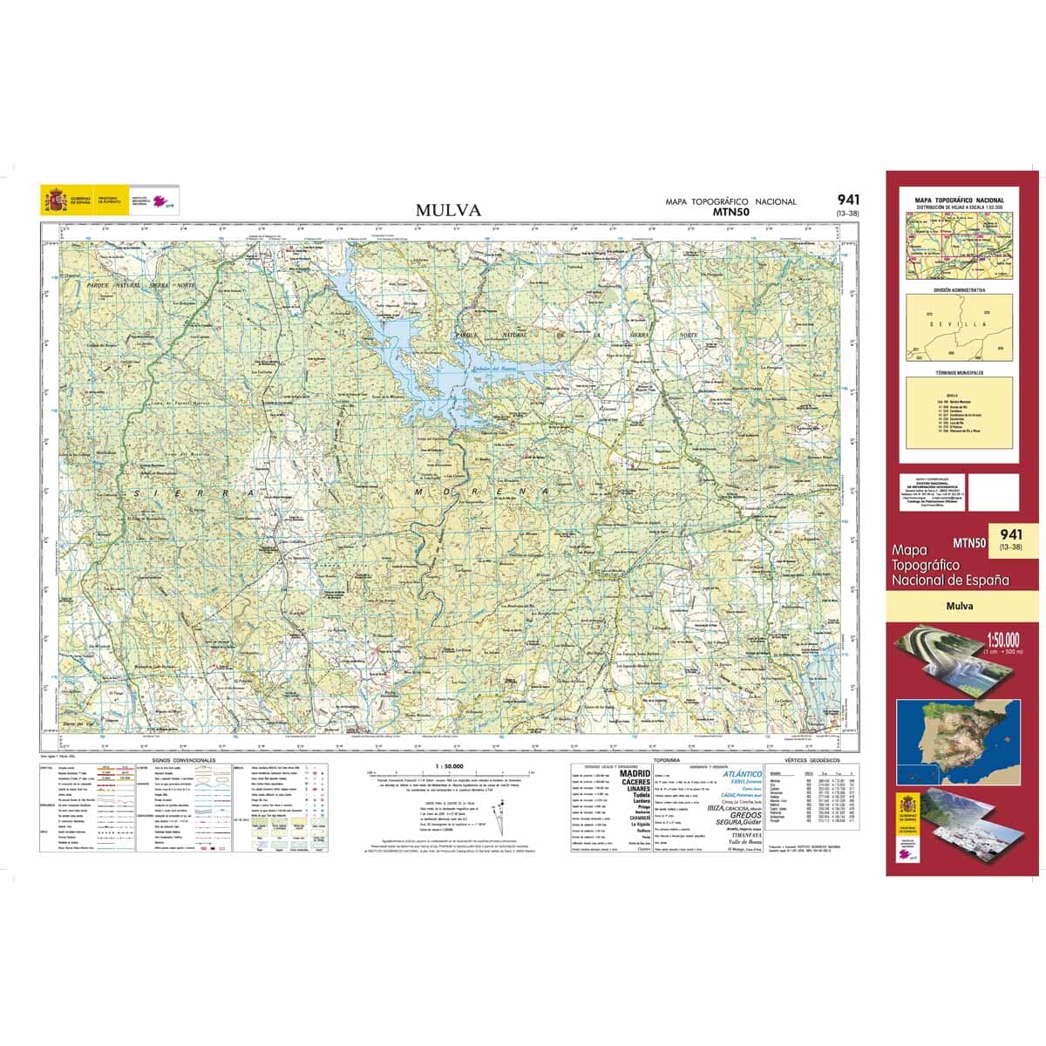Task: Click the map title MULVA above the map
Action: (448, 210)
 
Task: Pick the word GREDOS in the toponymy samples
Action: (745, 815)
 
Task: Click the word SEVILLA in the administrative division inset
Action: (959, 323)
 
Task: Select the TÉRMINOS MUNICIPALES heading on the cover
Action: (959, 372)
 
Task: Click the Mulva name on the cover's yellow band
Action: (962, 606)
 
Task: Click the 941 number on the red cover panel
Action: (1011, 534)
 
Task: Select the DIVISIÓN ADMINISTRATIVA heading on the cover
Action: (959, 289)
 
